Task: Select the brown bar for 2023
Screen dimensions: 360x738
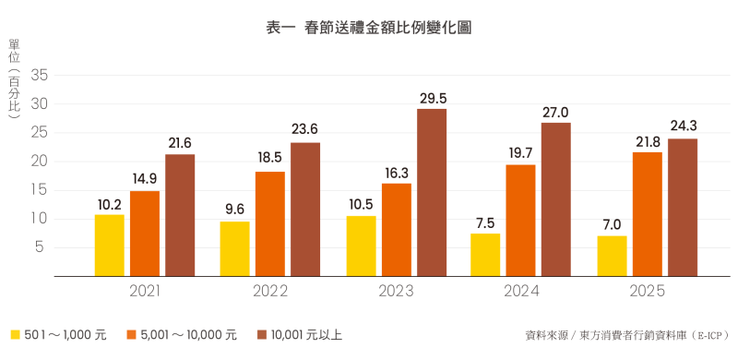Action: [432, 192]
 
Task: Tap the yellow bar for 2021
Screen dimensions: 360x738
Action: [110, 245]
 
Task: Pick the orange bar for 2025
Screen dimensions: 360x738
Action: [647, 214]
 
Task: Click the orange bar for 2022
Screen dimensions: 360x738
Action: [270, 223]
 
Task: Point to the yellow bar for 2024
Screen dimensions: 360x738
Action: [485, 255]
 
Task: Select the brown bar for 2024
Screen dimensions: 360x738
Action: [556, 199]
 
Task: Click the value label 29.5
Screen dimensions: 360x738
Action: [432, 98]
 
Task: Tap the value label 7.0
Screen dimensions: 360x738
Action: [611, 225]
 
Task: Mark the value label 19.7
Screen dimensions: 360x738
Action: [520, 153]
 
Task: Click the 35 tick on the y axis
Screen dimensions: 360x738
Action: [39, 76]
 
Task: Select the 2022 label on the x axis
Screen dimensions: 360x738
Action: [269, 292]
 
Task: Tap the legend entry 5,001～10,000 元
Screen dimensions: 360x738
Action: [181, 335]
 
